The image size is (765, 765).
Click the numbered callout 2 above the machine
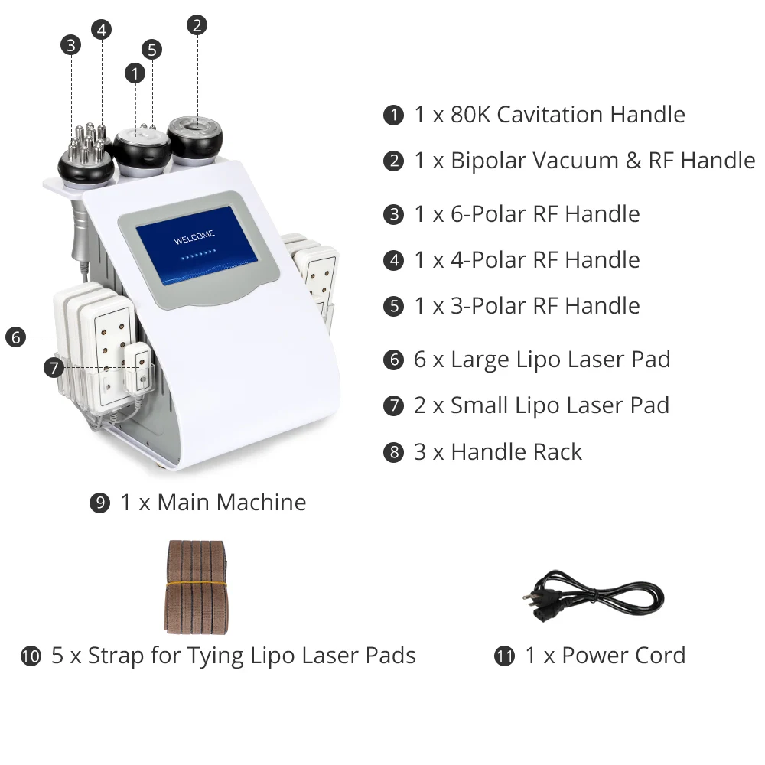click(197, 25)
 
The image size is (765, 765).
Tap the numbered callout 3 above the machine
click(71, 45)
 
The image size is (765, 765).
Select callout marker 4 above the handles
click(101, 30)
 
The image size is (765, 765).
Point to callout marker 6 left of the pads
click(15, 337)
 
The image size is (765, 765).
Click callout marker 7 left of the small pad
click(53, 368)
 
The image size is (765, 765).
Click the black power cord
click(604, 597)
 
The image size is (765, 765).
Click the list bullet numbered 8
click(393, 452)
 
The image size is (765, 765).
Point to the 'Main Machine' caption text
click(232, 503)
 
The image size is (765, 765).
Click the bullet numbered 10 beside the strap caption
click(31, 656)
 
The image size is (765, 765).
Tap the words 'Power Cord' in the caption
click(623, 656)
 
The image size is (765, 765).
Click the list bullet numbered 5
click(393, 307)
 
